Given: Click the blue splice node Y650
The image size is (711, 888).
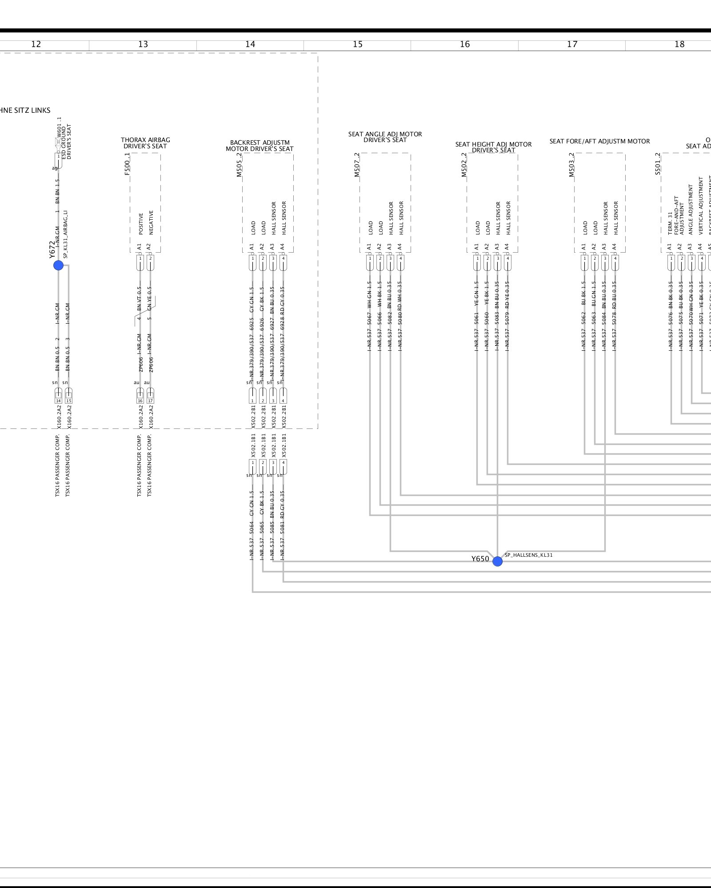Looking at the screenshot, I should pyautogui.click(x=497, y=561).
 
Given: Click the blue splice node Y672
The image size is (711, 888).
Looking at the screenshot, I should pyautogui.click(x=58, y=266).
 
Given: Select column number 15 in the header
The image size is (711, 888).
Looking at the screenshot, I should pyautogui.click(x=358, y=44).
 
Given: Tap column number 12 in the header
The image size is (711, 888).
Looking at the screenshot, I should pyautogui.click(x=36, y=44).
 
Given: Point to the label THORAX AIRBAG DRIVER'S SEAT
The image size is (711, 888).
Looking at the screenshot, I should pyautogui.click(x=145, y=143).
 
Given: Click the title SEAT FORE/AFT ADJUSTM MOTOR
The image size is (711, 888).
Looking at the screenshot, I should pyautogui.click(x=599, y=141).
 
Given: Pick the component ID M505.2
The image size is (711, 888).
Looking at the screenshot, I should pyautogui.click(x=240, y=165).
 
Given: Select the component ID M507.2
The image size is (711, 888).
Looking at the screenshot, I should pyautogui.click(x=357, y=165).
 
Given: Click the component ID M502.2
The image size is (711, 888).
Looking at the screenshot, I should pyautogui.click(x=464, y=165).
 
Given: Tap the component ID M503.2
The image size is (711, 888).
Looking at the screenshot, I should pyautogui.click(x=571, y=165).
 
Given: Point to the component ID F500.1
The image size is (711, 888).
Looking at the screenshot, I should pyautogui.click(x=128, y=164).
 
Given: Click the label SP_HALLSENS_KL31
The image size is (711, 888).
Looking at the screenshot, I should pyautogui.click(x=529, y=555).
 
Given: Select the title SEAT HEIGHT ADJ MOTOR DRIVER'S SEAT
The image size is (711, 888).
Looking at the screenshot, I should pyautogui.click(x=493, y=147).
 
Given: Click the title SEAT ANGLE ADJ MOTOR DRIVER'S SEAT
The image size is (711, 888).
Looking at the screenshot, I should pyautogui.click(x=385, y=137).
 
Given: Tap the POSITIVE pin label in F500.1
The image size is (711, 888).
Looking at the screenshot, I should pyautogui.click(x=141, y=224).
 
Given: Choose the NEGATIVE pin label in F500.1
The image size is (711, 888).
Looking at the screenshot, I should pyautogui.click(x=151, y=222).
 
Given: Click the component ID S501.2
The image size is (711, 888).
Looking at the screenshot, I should pyautogui.click(x=658, y=164).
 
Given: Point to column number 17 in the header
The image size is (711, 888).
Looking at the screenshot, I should pyautogui.click(x=572, y=44).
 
